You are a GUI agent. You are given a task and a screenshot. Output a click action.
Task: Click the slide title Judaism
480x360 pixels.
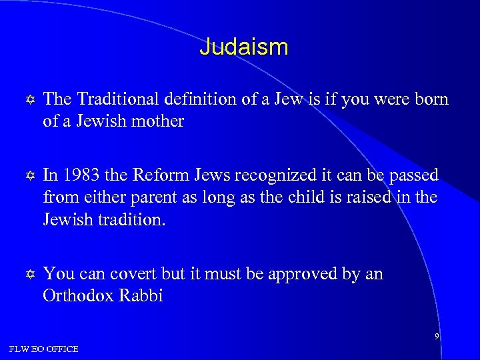(x=244, y=47)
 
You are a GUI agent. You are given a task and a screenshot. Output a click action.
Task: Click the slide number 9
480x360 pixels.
(x=437, y=337)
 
